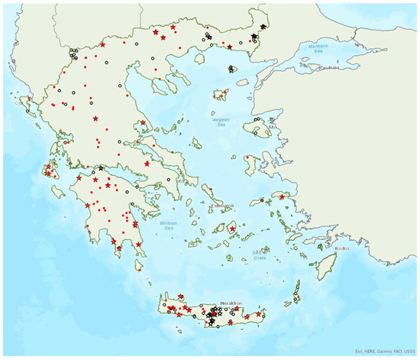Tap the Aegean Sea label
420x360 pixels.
pyautogui.click(x=219, y=120)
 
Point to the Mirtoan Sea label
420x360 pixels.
pyautogui.click(x=170, y=225)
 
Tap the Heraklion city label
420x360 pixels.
pyautogui.click(x=231, y=303)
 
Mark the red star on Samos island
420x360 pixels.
pyautogui.click(x=282, y=196)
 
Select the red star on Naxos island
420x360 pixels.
pyautogui.click(x=233, y=228)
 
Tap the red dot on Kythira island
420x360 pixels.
pyautogui.click(x=138, y=268)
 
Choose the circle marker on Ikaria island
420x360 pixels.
pyautogui.click(x=262, y=200)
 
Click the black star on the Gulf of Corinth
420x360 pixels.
pyautogui.click(x=101, y=167)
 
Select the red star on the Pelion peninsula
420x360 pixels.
pyautogui.click(x=143, y=122)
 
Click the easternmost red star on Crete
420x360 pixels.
pyautogui.click(x=259, y=314)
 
